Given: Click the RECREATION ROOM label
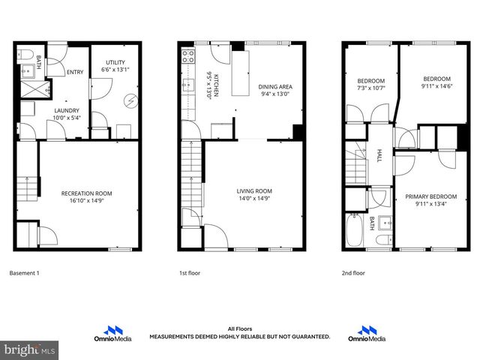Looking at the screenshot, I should point(87,193).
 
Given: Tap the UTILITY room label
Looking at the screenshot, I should point(115,62).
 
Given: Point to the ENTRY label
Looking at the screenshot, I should point(75,72).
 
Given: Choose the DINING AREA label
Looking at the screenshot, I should point(275,86).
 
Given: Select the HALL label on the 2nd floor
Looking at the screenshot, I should point(379,156).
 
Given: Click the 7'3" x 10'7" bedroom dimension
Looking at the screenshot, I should point(371,88).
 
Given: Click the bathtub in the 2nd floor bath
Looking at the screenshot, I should point(352,230).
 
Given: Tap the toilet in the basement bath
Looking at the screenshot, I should point(24,56).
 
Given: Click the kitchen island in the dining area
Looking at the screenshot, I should point(240,73).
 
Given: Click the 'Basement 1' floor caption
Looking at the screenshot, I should point(23,273).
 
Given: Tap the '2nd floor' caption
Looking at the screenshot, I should point(352,273).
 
